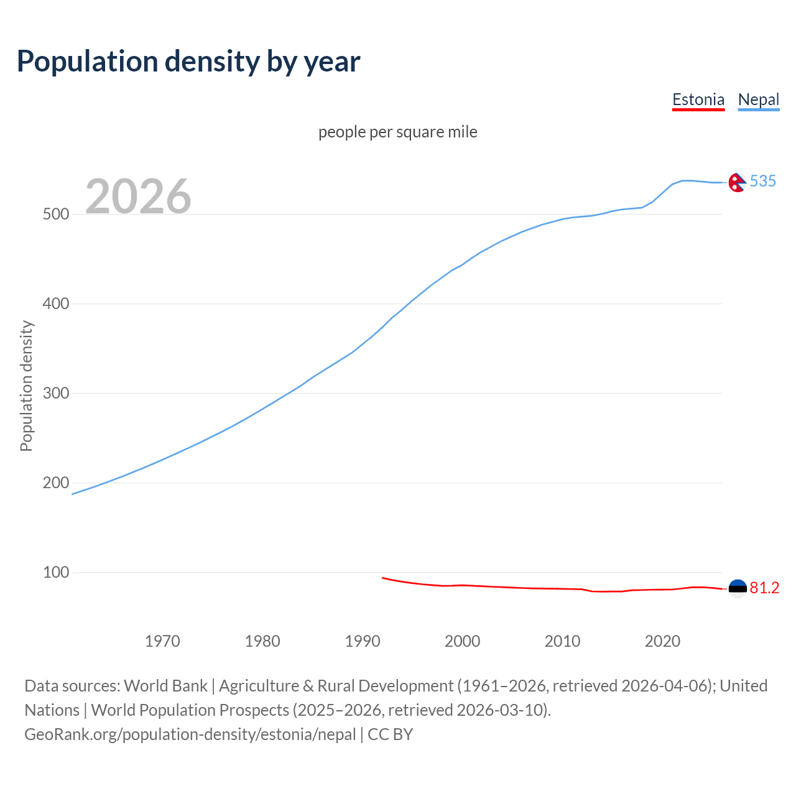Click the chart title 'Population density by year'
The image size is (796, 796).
188,62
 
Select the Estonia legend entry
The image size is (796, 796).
698,99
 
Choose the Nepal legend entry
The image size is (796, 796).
758,99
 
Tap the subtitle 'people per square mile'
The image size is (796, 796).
398,132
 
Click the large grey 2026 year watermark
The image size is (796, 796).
138,196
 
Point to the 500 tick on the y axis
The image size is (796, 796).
55,214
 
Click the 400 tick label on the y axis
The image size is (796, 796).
55,303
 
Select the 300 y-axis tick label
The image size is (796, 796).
55,393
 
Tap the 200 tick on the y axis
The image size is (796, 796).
55,483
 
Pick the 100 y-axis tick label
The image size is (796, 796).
55,572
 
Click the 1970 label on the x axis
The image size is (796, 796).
162,641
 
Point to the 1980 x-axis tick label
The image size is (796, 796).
262,641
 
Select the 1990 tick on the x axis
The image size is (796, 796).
363,641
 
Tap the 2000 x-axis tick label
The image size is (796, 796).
463,641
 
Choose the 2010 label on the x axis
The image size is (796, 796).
563,641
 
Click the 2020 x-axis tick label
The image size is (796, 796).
663,641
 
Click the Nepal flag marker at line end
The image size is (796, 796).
738,183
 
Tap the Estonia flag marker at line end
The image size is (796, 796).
738,588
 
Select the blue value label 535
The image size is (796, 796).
763,181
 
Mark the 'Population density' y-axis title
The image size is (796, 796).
26,386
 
